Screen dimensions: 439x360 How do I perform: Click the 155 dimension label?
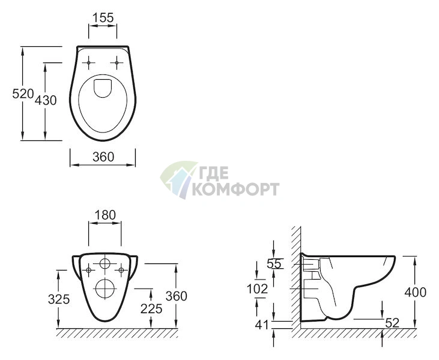103,17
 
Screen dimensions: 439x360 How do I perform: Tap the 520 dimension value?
23,94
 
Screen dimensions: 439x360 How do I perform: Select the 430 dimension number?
46,100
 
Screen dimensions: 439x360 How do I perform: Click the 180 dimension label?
105,215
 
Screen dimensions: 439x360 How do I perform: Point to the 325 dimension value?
59,299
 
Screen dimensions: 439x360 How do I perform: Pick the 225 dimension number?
151,309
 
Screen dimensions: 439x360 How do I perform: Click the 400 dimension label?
416,292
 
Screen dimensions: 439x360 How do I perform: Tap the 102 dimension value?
257,289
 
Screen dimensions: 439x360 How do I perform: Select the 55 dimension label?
274,263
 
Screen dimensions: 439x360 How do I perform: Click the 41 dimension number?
262,325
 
